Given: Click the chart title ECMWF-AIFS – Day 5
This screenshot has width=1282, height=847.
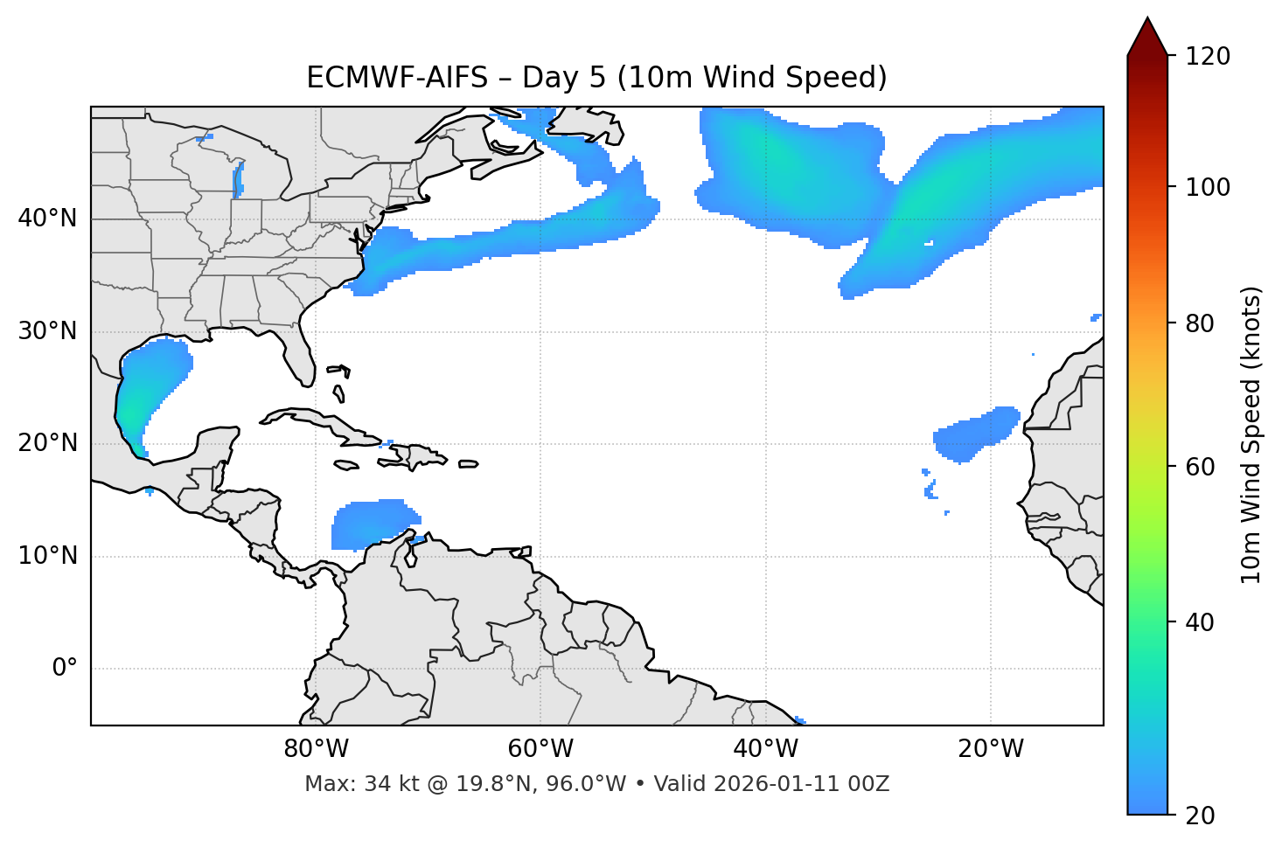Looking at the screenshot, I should pos(596,78).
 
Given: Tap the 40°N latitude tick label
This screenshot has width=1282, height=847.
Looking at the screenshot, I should pos(47,219).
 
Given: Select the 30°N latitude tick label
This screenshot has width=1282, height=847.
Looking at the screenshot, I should pos(47,331).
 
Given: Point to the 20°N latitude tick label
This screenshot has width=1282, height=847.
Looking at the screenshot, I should pos(47,443).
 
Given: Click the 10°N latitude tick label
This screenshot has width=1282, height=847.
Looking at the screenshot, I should pos(47,556).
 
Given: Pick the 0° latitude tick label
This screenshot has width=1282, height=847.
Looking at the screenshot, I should pos(65,669).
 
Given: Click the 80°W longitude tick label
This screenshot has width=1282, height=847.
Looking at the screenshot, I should pos(316,749).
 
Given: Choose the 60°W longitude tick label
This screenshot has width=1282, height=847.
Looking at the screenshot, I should pos(540,749).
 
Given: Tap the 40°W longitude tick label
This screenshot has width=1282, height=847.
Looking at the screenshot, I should pos(765,749).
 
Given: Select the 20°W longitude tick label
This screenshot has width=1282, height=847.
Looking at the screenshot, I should pos(990,749).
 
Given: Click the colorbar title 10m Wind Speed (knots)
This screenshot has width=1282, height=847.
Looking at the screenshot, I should pos(1251,435).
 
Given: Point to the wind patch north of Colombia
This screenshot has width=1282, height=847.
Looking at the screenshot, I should pos(372,524).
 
